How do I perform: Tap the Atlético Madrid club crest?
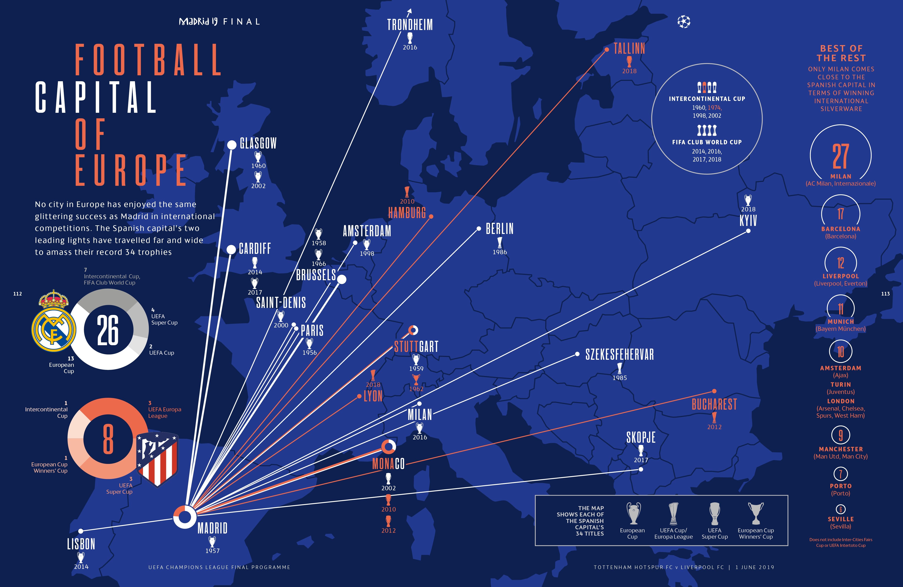pyautogui.click(x=157, y=459)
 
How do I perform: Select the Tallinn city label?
pyautogui.click(x=629, y=49)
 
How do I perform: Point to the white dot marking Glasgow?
pyautogui.click(x=231, y=145)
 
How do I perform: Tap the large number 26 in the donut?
pyautogui.click(x=108, y=330)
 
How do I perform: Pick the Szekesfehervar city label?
pyautogui.click(x=620, y=354)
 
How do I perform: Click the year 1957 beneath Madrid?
pyautogui.click(x=213, y=550)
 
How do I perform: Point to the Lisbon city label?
pyautogui.click(x=81, y=544)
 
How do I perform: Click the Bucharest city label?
pyautogui.click(x=714, y=404)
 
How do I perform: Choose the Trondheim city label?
pyautogui.click(x=410, y=25)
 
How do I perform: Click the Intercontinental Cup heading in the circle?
pyautogui.click(x=707, y=99)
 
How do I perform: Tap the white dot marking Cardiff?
pyautogui.click(x=231, y=249)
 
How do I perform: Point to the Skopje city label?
pyautogui.click(x=641, y=438)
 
